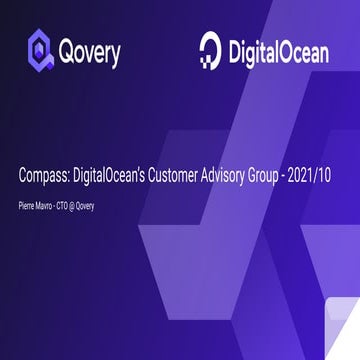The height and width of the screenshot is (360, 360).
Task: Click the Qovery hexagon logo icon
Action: pos(41,50)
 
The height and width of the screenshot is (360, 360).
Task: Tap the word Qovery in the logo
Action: pos(90,51)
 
